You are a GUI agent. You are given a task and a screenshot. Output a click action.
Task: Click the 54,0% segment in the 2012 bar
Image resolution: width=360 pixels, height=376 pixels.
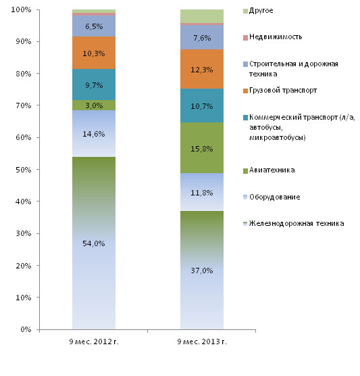(94, 243)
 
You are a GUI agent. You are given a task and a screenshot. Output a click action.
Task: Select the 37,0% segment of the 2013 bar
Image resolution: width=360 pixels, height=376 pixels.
(202, 270)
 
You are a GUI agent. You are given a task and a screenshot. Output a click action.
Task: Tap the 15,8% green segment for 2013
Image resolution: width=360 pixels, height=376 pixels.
(202, 147)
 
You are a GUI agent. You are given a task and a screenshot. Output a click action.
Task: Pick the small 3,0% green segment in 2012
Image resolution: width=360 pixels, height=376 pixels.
(94, 105)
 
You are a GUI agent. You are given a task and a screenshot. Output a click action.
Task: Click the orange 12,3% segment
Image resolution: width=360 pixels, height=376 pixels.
(202, 69)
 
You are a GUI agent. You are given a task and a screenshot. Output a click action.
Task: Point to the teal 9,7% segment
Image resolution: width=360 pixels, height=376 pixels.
(94, 85)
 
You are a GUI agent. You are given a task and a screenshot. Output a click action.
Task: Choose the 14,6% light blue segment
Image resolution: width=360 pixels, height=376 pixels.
(94, 133)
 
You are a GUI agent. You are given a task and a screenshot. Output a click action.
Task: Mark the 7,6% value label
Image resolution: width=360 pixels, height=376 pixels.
(202, 38)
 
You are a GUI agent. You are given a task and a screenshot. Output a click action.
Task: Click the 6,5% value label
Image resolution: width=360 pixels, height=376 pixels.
(94, 26)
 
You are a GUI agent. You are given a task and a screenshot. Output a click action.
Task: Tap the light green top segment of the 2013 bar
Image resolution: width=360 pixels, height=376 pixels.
(202, 16)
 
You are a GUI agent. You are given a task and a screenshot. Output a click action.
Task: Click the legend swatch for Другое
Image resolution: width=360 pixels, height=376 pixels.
(245, 11)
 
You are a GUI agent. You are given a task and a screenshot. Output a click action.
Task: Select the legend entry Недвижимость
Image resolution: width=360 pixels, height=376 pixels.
(276, 37)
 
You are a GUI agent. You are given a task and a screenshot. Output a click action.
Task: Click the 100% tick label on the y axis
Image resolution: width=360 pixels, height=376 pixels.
(21, 10)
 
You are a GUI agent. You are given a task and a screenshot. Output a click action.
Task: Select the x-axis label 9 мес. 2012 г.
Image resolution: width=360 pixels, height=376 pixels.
(94, 342)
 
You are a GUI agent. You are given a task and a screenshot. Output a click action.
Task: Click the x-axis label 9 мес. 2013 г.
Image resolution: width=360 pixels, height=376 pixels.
(202, 342)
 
